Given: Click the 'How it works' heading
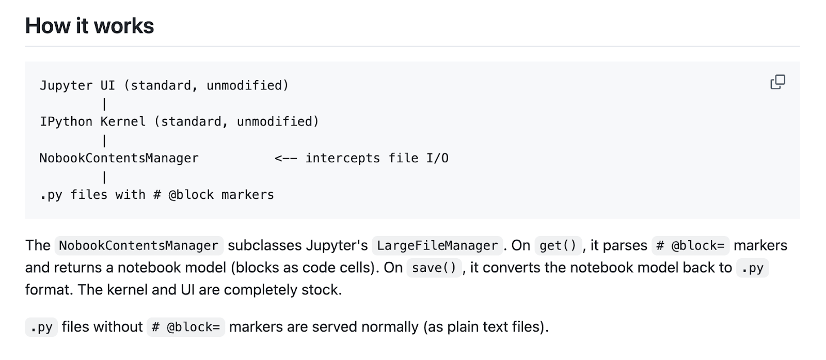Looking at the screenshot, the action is tap(90, 26).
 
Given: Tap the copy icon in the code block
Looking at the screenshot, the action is tap(777, 82).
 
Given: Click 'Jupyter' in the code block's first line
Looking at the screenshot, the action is tap(66, 86).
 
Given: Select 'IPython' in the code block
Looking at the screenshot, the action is tap(66, 122).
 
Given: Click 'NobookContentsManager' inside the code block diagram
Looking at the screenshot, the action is tap(119, 158).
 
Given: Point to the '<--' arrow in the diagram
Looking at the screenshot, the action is tap(286, 159).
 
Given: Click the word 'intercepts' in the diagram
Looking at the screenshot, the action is tap(343, 158).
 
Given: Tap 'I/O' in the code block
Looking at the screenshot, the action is tap(437, 158).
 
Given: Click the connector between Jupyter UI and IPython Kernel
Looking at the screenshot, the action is tap(104, 104).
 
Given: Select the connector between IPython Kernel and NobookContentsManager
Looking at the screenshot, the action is tap(104, 140).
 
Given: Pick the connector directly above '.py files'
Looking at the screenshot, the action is tap(104, 177).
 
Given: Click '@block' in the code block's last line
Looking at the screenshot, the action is tap(191, 195).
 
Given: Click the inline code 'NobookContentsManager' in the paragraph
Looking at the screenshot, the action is tap(139, 246).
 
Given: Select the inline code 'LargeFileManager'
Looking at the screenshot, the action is tap(437, 246).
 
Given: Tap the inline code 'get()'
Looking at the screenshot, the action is tap(558, 246).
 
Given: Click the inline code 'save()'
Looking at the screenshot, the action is tap(434, 268).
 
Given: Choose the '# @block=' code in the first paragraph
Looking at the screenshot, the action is tap(690, 246).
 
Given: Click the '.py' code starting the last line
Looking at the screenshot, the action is tap(41, 327).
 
